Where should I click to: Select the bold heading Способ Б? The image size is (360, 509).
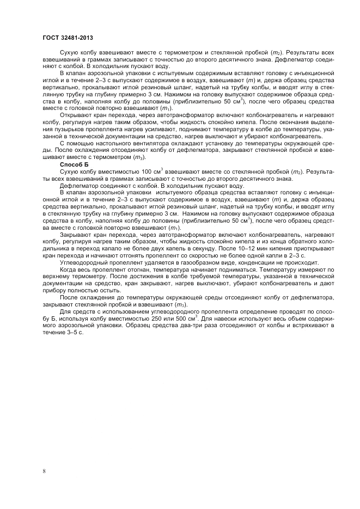(73, 163)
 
